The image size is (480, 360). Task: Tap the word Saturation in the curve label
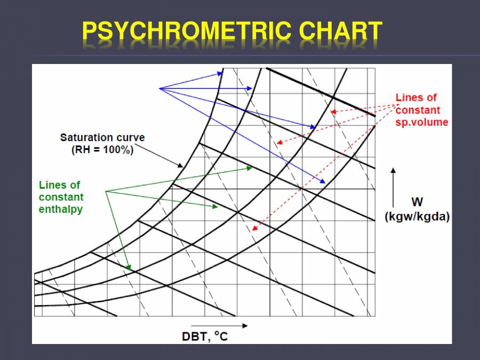[84, 138]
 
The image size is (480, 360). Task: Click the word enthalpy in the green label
[61, 209]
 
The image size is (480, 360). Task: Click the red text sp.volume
[422, 122]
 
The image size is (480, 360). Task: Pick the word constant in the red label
[418, 110]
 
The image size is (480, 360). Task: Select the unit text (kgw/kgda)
[417, 217]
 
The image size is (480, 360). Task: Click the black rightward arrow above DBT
[219, 325]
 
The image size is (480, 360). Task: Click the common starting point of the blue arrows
[159, 88]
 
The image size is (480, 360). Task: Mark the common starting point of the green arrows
[106, 191]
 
